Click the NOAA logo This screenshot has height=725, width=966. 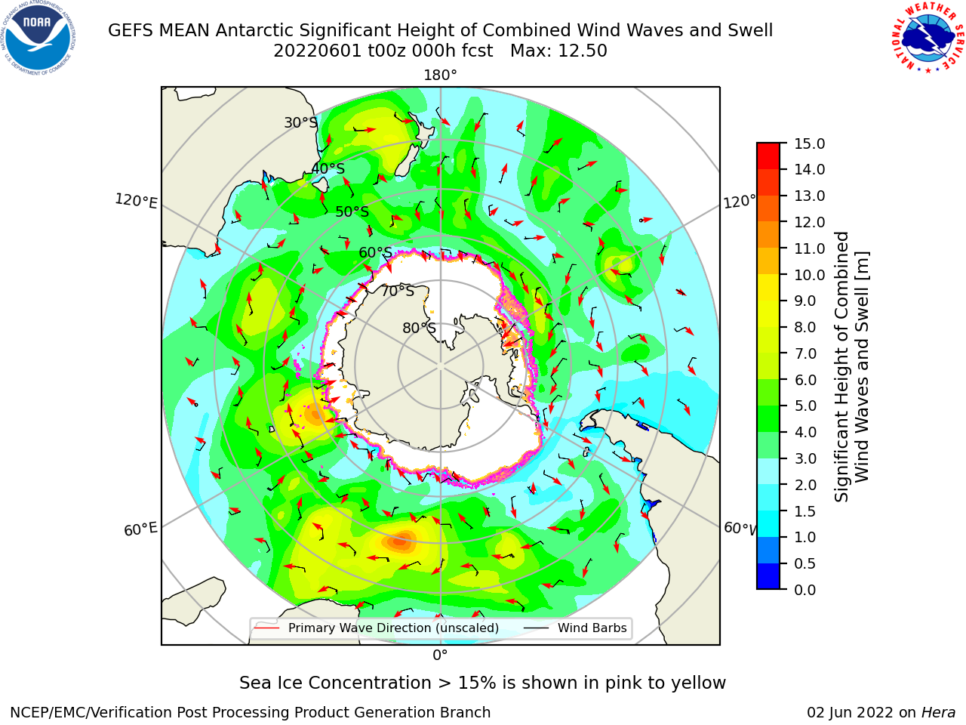[38, 38]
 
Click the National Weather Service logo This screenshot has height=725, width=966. [928, 38]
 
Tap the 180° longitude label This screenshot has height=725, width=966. [440, 76]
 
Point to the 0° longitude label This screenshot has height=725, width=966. [440, 656]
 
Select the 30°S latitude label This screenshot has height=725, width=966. [300, 122]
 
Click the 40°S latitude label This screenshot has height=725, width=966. [328, 168]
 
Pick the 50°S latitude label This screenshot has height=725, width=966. [352, 211]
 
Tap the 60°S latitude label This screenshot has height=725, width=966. [375, 253]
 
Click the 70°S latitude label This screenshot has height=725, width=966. [398, 292]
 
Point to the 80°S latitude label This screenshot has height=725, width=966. [419, 328]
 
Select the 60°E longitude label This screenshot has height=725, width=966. [140, 529]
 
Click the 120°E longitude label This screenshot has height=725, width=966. [136, 201]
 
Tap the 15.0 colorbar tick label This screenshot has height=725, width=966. [809, 143]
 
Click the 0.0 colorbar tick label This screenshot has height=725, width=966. [805, 590]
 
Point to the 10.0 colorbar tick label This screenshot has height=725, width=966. [809, 275]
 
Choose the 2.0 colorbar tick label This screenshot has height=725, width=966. [805, 485]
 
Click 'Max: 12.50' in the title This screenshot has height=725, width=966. [558, 51]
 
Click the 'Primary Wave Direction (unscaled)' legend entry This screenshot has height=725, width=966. [377, 628]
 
